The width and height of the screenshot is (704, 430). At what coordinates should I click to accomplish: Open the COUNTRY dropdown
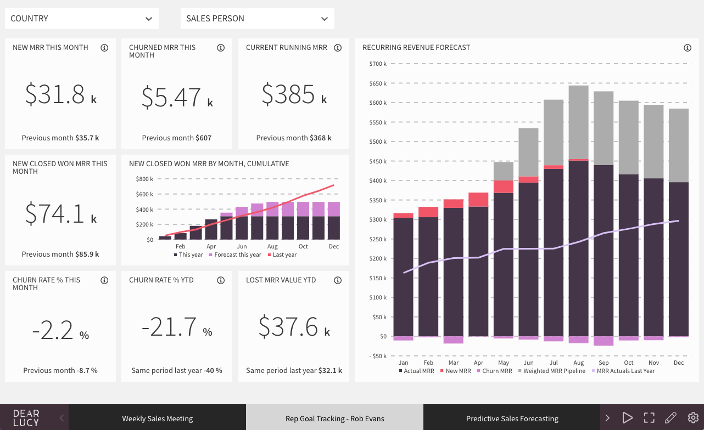[x=81, y=19]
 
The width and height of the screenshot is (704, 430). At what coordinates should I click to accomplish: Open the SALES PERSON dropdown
[x=257, y=19]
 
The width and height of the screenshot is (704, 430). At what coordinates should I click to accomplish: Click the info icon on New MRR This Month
[x=104, y=48]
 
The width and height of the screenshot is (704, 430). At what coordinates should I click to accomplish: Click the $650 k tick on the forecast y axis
[x=378, y=83]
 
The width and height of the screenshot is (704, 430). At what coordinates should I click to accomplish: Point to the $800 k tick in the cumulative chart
[x=144, y=179]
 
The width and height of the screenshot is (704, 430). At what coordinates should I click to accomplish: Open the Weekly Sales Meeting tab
[x=157, y=418]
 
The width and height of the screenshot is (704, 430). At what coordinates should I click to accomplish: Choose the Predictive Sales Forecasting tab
[x=512, y=418]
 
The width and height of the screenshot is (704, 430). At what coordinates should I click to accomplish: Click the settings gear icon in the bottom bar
[x=693, y=418]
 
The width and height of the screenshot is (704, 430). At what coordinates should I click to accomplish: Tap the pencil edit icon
[x=671, y=418]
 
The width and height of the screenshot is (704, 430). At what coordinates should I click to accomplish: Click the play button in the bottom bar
[x=627, y=418]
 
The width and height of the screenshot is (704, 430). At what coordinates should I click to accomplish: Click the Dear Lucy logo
[x=26, y=418]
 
